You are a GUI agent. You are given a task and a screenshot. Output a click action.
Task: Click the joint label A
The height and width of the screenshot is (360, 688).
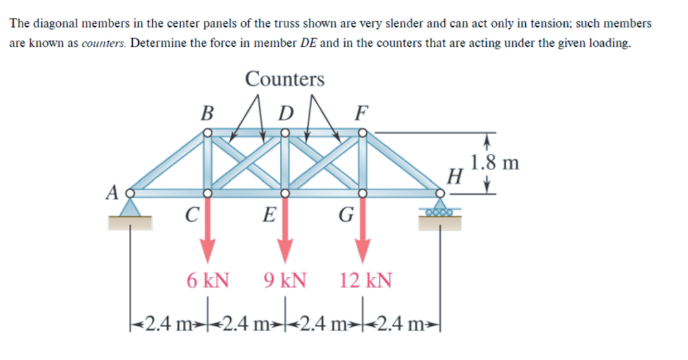[112, 193]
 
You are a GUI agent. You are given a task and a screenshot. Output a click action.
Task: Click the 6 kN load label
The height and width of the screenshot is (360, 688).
[207, 280]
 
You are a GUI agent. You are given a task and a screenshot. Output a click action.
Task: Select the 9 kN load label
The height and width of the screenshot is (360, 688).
[285, 280]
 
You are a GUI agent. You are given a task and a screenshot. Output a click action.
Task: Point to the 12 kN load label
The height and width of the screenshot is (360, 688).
[366, 280]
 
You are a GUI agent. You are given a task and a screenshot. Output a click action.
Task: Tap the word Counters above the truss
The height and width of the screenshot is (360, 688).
[284, 79]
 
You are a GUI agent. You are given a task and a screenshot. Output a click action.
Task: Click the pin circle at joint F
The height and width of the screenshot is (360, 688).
[362, 133]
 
